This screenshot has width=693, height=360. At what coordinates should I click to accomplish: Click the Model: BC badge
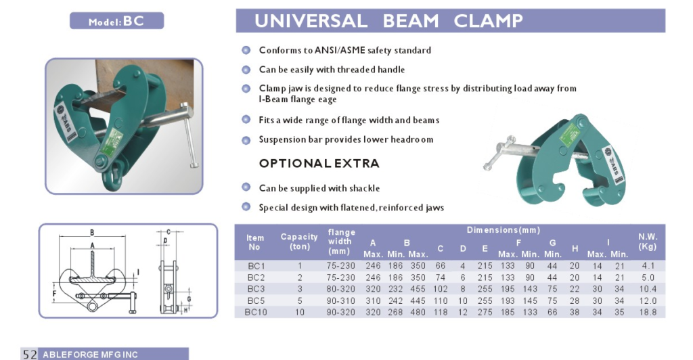click(x=116, y=21)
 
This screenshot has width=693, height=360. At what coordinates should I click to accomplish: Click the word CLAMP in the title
click(x=488, y=21)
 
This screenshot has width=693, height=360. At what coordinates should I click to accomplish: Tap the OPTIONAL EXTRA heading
click(x=319, y=164)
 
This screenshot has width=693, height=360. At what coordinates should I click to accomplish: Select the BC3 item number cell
click(x=256, y=289)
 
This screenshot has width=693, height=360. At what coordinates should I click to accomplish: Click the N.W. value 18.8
click(x=648, y=313)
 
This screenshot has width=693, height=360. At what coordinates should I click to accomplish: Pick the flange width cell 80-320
click(x=341, y=289)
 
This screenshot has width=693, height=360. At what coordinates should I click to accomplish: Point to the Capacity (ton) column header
click(x=299, y=241)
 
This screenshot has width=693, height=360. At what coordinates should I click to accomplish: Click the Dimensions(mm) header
click(x=504, y=229)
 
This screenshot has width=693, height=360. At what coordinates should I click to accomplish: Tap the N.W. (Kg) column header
click(x=648, y=241)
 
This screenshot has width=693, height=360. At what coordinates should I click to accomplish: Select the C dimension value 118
click(x=440, y=313)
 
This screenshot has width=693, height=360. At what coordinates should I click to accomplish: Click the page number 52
click(x=30, y=355)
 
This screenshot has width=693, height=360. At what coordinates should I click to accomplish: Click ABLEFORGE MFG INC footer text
click(x=90, y=355)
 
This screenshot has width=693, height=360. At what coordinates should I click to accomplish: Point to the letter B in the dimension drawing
click(x=92, y=232)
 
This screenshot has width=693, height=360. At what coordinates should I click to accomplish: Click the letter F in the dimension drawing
click(x=54, y=293)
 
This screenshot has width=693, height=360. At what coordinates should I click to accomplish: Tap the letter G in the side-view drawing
click(x=189, y=300)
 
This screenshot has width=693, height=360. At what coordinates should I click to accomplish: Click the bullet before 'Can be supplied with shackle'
click(x=246, y=187)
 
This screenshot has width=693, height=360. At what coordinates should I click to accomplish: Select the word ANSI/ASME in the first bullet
click(x=340, y=50)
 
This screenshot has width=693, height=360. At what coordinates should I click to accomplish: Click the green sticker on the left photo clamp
click(x=110, y=142)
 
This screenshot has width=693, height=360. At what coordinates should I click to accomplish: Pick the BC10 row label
click(x=256, y=313)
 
